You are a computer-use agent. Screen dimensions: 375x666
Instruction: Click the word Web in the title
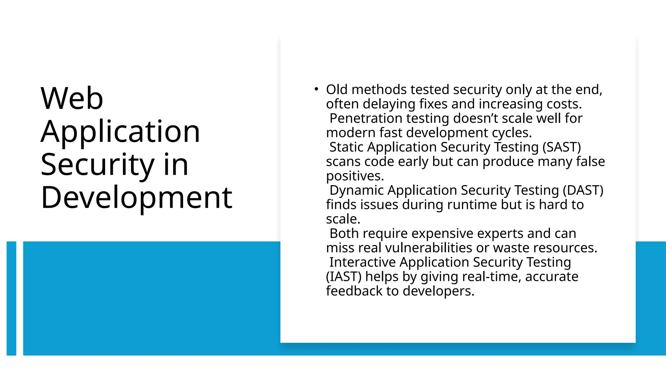[x=72, y=98]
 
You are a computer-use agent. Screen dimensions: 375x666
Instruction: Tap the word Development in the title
[x=137, y=197]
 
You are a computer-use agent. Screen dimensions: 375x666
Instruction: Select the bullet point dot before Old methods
[x=316, y=89]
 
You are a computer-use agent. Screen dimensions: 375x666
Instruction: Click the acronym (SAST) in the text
[x=562, y=147]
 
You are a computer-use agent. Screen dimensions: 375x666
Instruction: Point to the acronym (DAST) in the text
[x=583, y=190]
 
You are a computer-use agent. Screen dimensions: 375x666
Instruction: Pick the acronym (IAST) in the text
[x=344, y=277]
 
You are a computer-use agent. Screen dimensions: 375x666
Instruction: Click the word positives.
[x=355, y=176]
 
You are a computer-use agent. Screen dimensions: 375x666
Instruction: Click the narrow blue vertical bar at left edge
[x=11, y=298]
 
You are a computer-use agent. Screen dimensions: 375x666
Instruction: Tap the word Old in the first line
[x=337, y=90]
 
